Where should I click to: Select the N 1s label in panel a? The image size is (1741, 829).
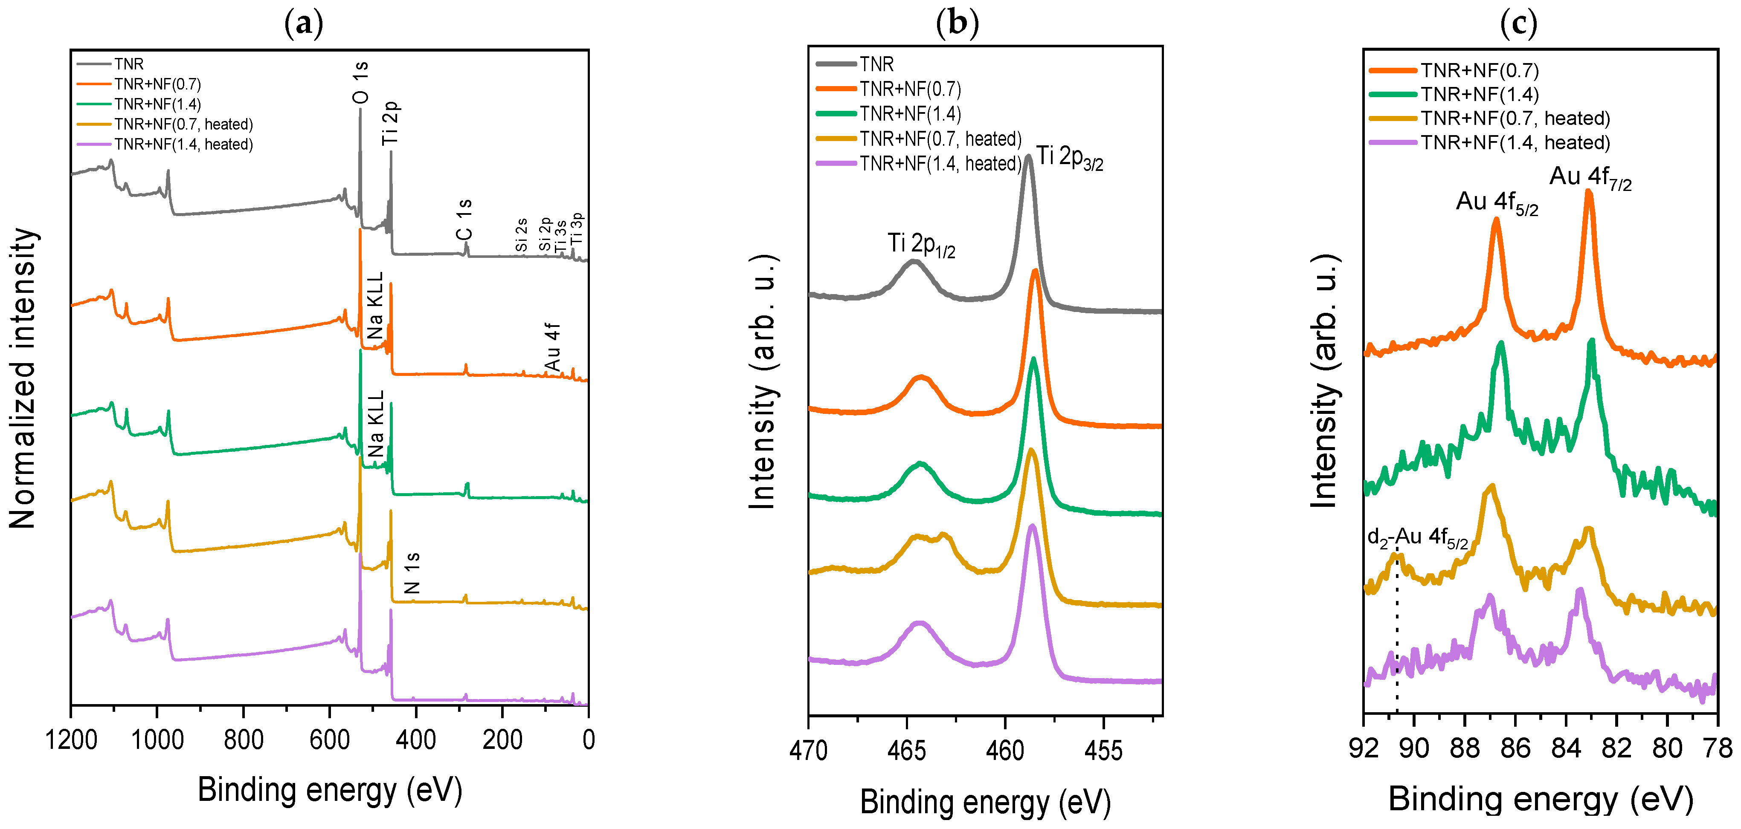[x=412, y=573]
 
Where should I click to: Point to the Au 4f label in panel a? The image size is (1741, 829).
[x=552, y=347]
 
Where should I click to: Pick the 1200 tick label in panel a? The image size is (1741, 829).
[x=71, y=740]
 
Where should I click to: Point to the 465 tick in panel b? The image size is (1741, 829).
[x=906, y=751]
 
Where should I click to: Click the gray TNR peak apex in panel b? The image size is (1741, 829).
[x=1028, y=157]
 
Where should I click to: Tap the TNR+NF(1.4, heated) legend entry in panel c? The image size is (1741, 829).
[x=1515, y=142]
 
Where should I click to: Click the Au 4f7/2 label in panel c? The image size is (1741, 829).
[x=1590, y=178]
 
